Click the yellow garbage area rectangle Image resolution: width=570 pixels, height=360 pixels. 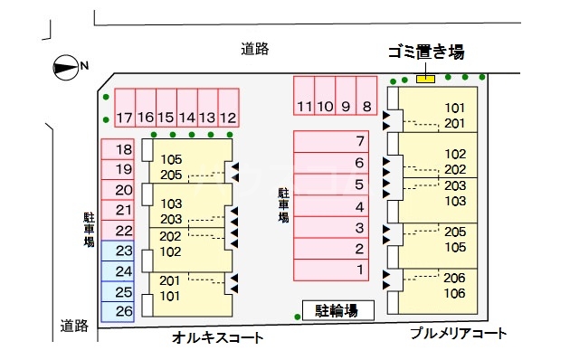tap(425, 80)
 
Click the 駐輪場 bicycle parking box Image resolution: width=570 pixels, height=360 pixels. tap(337, 311)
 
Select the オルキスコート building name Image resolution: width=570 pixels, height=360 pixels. tap(217, 338)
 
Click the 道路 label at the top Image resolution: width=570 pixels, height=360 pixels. tap(255, 49)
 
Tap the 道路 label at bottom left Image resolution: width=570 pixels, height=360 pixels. tap(74, 326)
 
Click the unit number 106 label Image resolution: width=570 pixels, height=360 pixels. tap(455, 293)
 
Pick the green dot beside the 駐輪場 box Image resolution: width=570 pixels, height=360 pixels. tap(298, 315)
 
